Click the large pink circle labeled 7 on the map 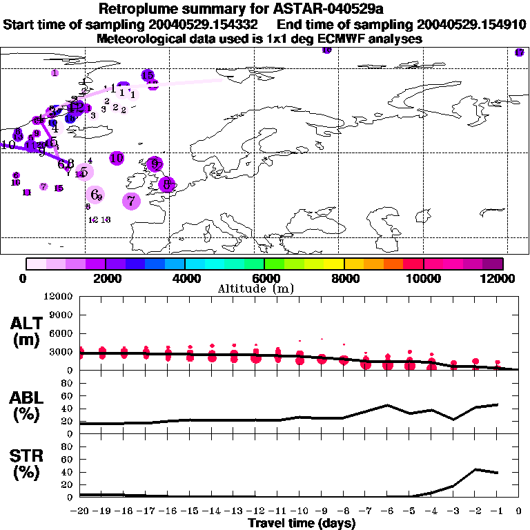(131, 201)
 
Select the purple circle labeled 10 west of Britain (117, 158)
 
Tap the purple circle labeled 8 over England (166, 184)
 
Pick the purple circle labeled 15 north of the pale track (148, 75)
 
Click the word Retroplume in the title (138, 9)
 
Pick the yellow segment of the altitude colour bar (334, 264)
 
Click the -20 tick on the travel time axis (80, 512)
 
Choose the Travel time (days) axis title (302, 524)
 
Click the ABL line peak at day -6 (387, 405)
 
